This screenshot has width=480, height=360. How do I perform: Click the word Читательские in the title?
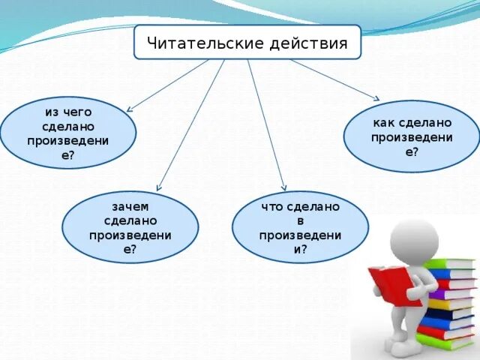pos(199,43)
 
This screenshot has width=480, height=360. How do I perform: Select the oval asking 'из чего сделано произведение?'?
pos(68,133)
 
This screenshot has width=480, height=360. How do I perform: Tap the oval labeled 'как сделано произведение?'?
pos(411,136)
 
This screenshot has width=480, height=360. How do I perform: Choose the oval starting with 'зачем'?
pos(130,227)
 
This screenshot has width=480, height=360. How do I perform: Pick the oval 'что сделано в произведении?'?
pos(300,227)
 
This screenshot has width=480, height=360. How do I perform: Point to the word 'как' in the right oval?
pos(384,122)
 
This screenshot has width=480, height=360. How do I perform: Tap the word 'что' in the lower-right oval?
pos(272,206)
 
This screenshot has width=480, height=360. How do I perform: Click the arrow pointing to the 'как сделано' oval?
pos(334,79)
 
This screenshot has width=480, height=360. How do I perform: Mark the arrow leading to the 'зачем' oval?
pos(190,124)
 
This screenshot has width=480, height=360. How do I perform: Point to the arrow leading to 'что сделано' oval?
pos(266,124)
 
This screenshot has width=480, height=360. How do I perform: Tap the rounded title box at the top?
pos(247,43)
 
